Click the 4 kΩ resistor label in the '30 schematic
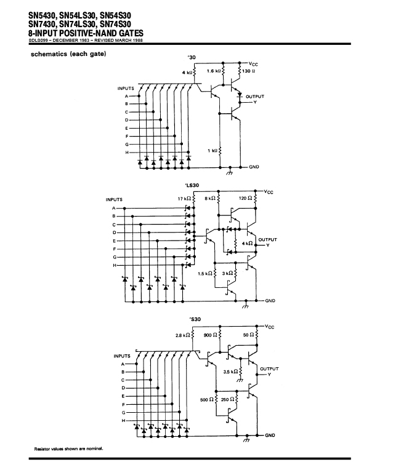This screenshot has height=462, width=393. click(187, 73)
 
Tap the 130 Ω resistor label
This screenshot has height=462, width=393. click(248, 71)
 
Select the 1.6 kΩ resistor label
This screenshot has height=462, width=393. click(214, 71)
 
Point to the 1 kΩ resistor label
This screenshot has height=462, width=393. click(213, 151)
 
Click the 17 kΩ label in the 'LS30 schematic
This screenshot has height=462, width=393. click(184, 199)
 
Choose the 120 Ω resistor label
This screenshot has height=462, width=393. click(246, 198)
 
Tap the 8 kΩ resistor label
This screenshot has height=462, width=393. click(210, 199)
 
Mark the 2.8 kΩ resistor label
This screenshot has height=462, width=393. click(182, 335)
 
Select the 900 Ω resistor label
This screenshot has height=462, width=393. click(211, 335)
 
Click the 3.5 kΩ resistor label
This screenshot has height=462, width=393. click(230, 372)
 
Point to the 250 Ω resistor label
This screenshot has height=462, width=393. click(228, 399)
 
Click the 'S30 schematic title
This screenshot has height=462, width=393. click(195, 319)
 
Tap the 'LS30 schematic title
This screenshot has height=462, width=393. click(192, 185)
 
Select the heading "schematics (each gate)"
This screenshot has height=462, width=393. click(68, 54)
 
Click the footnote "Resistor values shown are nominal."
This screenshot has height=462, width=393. click(69, 448)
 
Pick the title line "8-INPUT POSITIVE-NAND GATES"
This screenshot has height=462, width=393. click(86, 33)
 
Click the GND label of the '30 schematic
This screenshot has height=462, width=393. click(254, 167)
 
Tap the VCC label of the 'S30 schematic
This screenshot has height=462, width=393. click(270, 327)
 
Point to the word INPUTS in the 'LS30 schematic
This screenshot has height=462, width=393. click(114, 199)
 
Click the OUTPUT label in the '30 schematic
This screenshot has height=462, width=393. click(255, 97)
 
